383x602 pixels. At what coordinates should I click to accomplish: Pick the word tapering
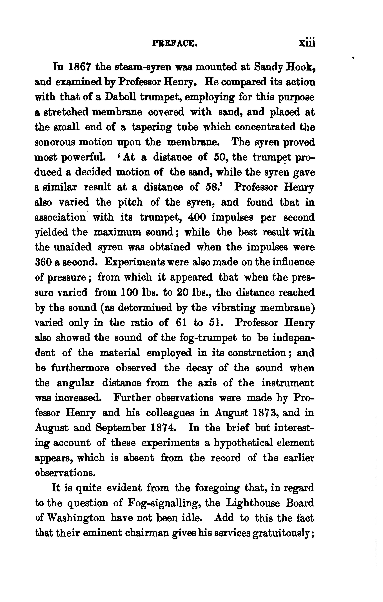152,128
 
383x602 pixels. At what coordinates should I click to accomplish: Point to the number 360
43,263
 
